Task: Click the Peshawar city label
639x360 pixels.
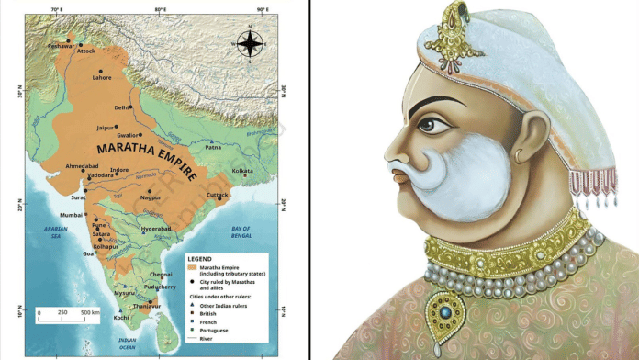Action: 61,43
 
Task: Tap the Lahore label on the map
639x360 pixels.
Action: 102,78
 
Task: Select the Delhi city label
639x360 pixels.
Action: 122,107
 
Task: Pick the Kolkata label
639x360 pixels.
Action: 242,170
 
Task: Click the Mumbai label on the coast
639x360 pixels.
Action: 73,215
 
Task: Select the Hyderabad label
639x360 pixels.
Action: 156,228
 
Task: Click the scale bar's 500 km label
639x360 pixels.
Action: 90,313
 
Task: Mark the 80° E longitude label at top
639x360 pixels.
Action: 160,9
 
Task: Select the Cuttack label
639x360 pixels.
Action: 217,195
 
